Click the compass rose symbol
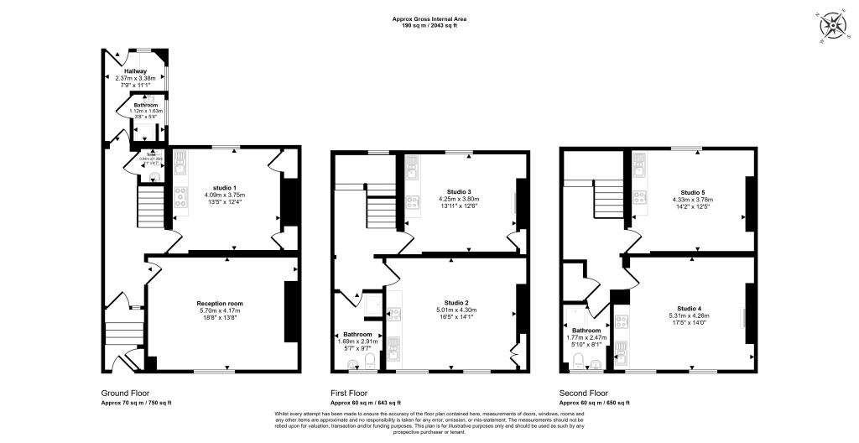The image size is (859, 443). pos(833,25)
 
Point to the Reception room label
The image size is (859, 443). pos(220,303)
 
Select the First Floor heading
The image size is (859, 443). pos(348,393)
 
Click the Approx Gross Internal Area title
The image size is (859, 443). pos(429,18)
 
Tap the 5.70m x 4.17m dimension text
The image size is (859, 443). pos(220,310)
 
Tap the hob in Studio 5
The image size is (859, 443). pos(639,198)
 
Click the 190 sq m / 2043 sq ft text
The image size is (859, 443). pos(429,26)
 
